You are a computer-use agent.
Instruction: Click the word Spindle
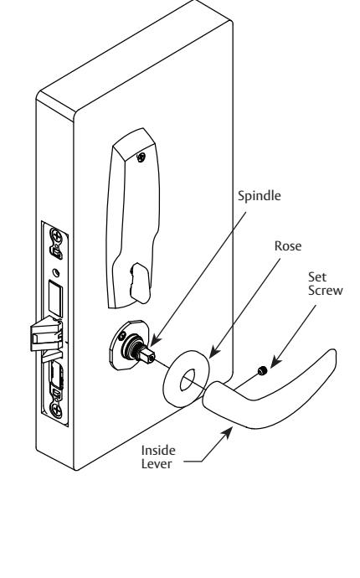tap(259, 196)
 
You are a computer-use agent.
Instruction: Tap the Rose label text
tap(288, 246)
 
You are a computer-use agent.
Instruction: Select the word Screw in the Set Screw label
tap(326, 290)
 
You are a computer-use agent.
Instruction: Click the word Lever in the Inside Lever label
tap(157, 463)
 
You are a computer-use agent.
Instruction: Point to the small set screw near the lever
tap(262, 370)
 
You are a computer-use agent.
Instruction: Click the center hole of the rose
tap(188, 380)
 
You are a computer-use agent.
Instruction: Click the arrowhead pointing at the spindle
tap(155, 341)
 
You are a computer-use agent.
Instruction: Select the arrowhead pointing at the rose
tap(213, 353)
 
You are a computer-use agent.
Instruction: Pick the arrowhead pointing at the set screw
tap(275, 362)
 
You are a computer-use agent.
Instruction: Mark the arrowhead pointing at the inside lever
tap(227, 433)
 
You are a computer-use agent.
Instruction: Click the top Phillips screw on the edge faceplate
tap(56, 235)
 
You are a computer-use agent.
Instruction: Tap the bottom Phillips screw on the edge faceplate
tap(56, 409)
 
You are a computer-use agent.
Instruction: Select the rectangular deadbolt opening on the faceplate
tap(55, 297)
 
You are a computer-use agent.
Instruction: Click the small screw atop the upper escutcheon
tap(141, 157)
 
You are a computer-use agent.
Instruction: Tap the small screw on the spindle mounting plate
tap(122, 335)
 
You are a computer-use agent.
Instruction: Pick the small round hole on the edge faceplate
tap(56, 273)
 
